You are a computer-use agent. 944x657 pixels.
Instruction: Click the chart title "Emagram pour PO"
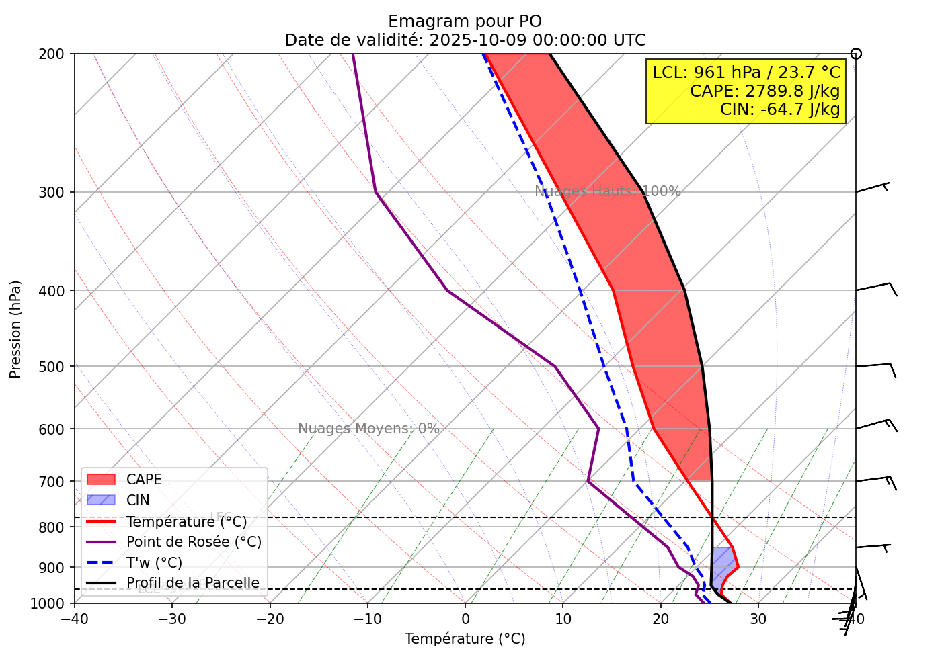coord(465,21)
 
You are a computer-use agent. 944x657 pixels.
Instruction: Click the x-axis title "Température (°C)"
coord(465,639)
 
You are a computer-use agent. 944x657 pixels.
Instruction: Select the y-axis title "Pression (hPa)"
coord(16,329)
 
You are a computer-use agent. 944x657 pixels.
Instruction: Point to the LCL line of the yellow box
coord(746,73)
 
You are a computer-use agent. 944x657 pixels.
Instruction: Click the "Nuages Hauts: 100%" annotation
coord(608,191)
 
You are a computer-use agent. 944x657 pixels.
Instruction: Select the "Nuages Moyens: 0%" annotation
coord(368,429)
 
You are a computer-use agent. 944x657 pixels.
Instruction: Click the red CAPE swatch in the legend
coord(102,480)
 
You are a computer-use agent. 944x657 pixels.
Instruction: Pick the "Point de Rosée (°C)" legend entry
coord(194,542)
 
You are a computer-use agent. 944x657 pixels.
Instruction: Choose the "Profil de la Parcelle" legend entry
coord(192,583)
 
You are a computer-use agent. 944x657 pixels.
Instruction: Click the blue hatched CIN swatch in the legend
coord(102,500)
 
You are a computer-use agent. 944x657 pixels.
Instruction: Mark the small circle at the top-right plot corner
coord(856,54)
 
